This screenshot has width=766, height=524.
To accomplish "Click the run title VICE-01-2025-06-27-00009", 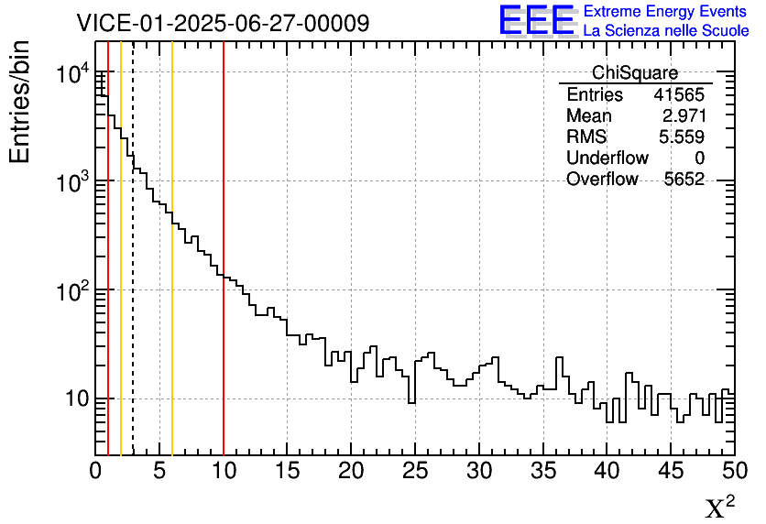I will click(223, 23).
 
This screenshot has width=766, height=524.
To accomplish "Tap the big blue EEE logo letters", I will click(538, 20).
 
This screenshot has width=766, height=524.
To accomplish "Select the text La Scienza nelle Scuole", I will click(665, 30).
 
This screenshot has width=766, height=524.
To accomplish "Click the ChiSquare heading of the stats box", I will click(635, 73).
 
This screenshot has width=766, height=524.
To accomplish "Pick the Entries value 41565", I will click(679, 95).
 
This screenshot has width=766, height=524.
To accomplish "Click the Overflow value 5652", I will click(684, 180).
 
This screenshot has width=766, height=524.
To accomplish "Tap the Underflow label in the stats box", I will click(607, 158).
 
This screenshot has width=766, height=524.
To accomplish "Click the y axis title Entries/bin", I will click(20, 101).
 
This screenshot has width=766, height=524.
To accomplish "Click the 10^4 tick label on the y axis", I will click(71, 74).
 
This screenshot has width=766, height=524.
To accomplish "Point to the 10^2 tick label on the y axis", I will click(71, 291).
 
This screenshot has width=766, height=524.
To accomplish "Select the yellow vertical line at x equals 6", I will click(172, 366).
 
